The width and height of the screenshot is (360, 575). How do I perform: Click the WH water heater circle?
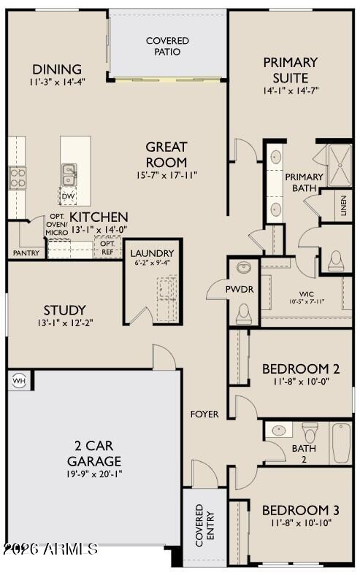click(19, 381)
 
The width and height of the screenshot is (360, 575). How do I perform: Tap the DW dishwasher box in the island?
click(68, 196)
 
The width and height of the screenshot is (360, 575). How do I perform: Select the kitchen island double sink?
click(69, 174)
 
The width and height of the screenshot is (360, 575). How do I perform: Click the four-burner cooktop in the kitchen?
click(18, 178)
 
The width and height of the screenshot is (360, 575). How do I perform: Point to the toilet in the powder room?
click(244, 314)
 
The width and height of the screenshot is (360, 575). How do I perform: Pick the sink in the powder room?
click(244, 267)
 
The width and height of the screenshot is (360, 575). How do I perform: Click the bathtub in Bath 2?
click(341, 443)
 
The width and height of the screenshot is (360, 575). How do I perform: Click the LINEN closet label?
click(343, 205)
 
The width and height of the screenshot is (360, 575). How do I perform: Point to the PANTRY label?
click(26, 253)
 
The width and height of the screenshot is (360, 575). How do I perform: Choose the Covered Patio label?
click(167, 46)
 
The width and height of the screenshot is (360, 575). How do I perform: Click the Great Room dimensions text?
click(167, 175)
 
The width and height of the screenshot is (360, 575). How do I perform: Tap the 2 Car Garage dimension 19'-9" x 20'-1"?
click(94, 474)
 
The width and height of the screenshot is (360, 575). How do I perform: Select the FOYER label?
click(204, 414)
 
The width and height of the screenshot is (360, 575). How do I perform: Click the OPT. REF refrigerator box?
click(107, 247)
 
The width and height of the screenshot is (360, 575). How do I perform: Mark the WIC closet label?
click(307, 294)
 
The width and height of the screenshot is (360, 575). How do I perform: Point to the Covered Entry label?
click(204, 525)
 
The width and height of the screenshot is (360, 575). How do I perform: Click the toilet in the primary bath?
click(336, 261)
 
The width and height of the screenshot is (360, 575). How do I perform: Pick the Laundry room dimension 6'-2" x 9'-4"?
click(152, 263)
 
